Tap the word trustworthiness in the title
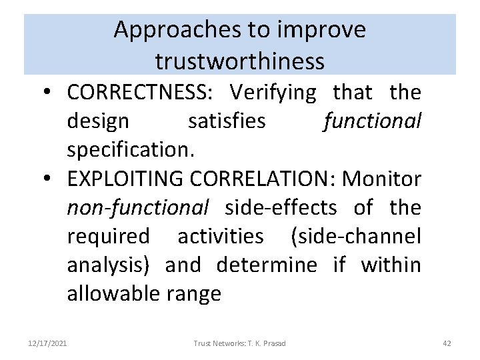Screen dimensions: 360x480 (x=240, y=61)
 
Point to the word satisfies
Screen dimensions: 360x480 (x=227, y=122)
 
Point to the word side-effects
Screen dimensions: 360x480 (x=281, y=208)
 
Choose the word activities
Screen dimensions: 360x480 (x=220, y=237)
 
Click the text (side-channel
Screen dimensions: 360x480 (x=356, y=237)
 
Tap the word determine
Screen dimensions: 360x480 (x=267, y=265)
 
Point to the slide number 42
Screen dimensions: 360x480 (x=447, y=343)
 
